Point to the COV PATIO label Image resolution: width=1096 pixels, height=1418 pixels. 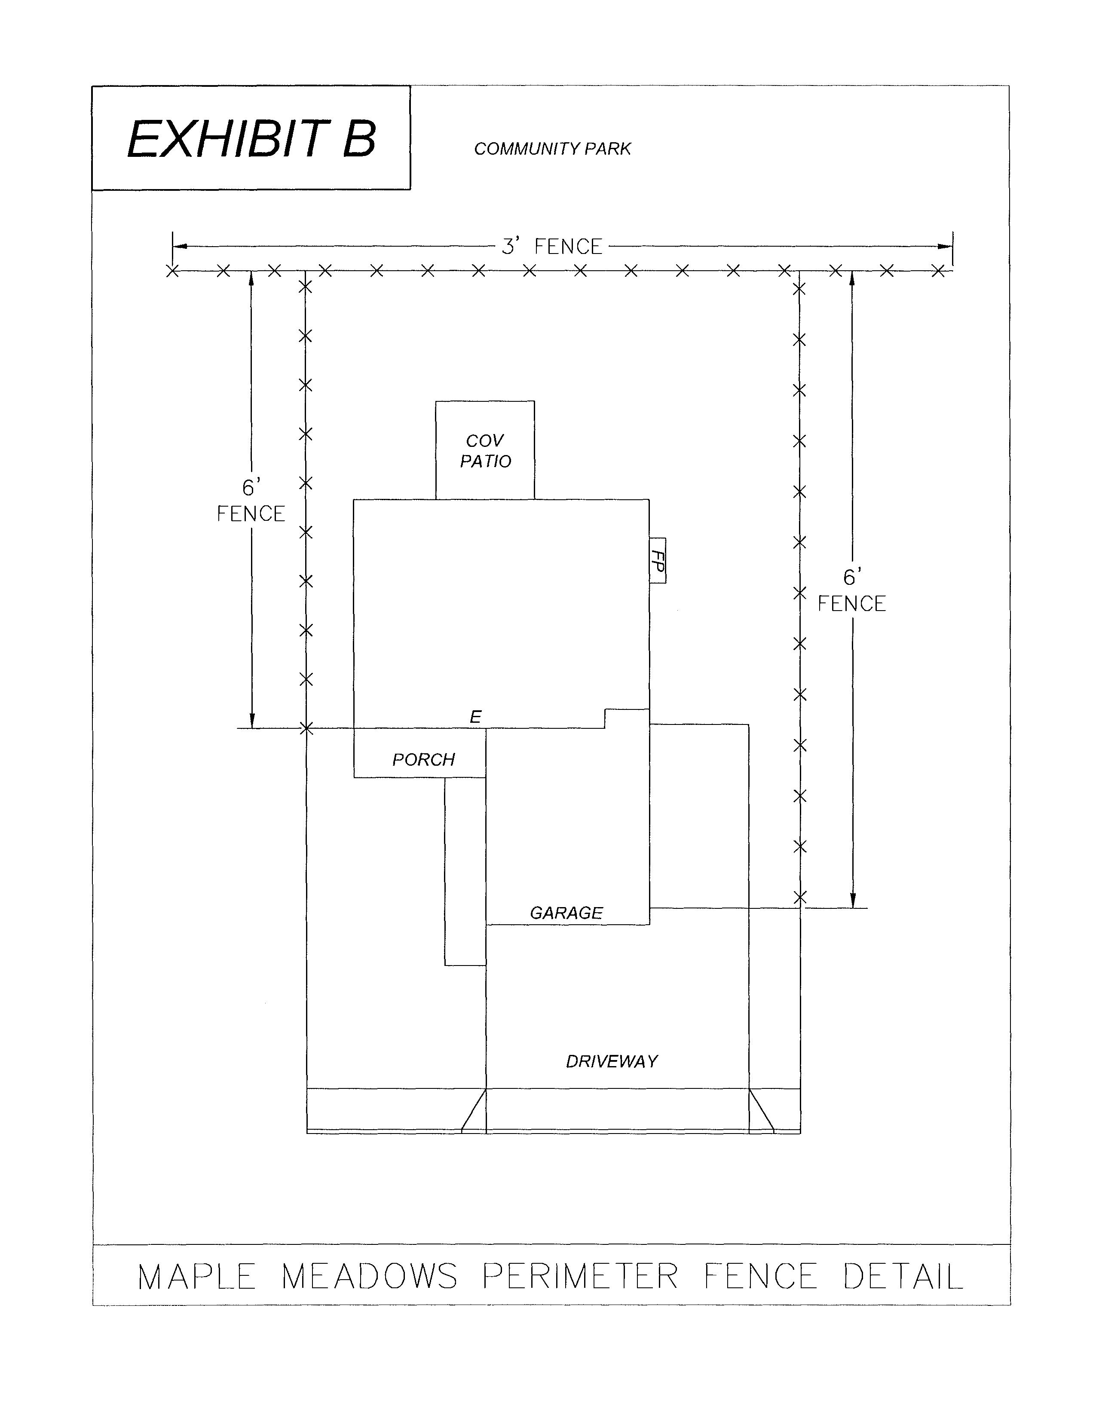(485, 451)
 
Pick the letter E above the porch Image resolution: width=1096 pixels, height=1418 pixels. (475, 717)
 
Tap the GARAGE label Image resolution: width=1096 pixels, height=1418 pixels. (566, 913)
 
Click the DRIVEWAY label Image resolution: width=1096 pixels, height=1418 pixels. (612, 1061)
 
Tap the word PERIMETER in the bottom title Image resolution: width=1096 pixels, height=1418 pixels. (580, 1277)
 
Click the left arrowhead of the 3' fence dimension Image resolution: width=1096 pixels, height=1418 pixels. (180, 247)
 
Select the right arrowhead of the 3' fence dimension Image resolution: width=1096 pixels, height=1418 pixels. (946, 247)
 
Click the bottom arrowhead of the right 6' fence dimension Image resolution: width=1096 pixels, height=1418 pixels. (853, 901)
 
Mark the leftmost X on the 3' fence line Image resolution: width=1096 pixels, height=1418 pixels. (172, 271)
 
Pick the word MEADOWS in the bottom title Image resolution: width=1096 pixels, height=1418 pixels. (370, 1277)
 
